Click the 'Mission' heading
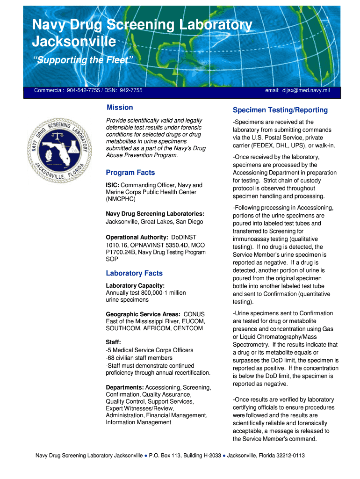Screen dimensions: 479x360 (120, 107)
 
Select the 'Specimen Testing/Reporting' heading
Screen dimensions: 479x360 (280, 110)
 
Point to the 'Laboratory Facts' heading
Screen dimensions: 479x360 (134, 273)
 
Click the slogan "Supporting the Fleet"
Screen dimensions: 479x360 (83, 60)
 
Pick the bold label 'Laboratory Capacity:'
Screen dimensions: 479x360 (135, 286)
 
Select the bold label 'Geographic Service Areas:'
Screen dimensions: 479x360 (143, 314)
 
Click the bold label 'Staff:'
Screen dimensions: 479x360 (114, 342)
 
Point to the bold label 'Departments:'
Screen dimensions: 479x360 (125, 388)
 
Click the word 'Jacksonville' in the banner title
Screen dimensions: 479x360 (74, 42)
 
